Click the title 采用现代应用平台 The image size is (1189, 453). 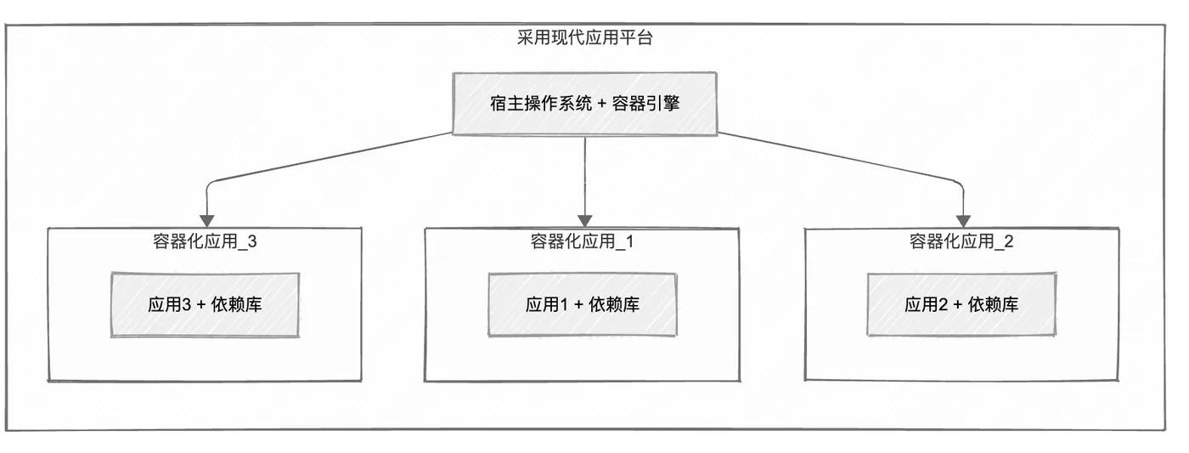click(x=585, y=37)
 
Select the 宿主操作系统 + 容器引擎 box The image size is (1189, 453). click(x=584, y=104)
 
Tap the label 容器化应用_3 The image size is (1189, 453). click(x=205, y=241)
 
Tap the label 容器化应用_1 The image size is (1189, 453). click(x=583, y=241)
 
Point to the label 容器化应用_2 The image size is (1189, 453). click(x=961, y=241)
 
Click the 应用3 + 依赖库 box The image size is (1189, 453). click(x=205, y=305)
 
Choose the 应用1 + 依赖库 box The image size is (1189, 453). click(x=583, y=304)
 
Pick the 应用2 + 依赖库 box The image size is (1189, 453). click(x=961, y=304)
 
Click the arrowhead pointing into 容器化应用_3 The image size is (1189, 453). click(x=207, y=221)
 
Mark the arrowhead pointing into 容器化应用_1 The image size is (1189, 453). click(x=584, y=221)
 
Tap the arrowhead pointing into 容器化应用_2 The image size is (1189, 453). click(x=963, y=221)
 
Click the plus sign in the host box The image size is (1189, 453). click(x=601, y=104)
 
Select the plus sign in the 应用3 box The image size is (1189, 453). click(x=200, y=305)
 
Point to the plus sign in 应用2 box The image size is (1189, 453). click(x=958, y=305)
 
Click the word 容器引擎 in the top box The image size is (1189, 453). click(x=645, y=104)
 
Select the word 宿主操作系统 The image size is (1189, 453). click(x=540, y=104)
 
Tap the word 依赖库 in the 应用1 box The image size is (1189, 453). click(x=614, y=304)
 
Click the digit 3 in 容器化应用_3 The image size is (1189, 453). click(x=252, y=242)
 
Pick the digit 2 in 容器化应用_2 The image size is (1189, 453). click(x=1009, y=242)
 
